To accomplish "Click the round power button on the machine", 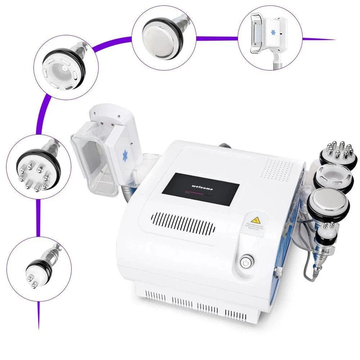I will tap(245, 261).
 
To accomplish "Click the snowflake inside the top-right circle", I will tap(273, 34).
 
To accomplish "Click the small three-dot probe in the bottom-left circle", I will tap(36, 270).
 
